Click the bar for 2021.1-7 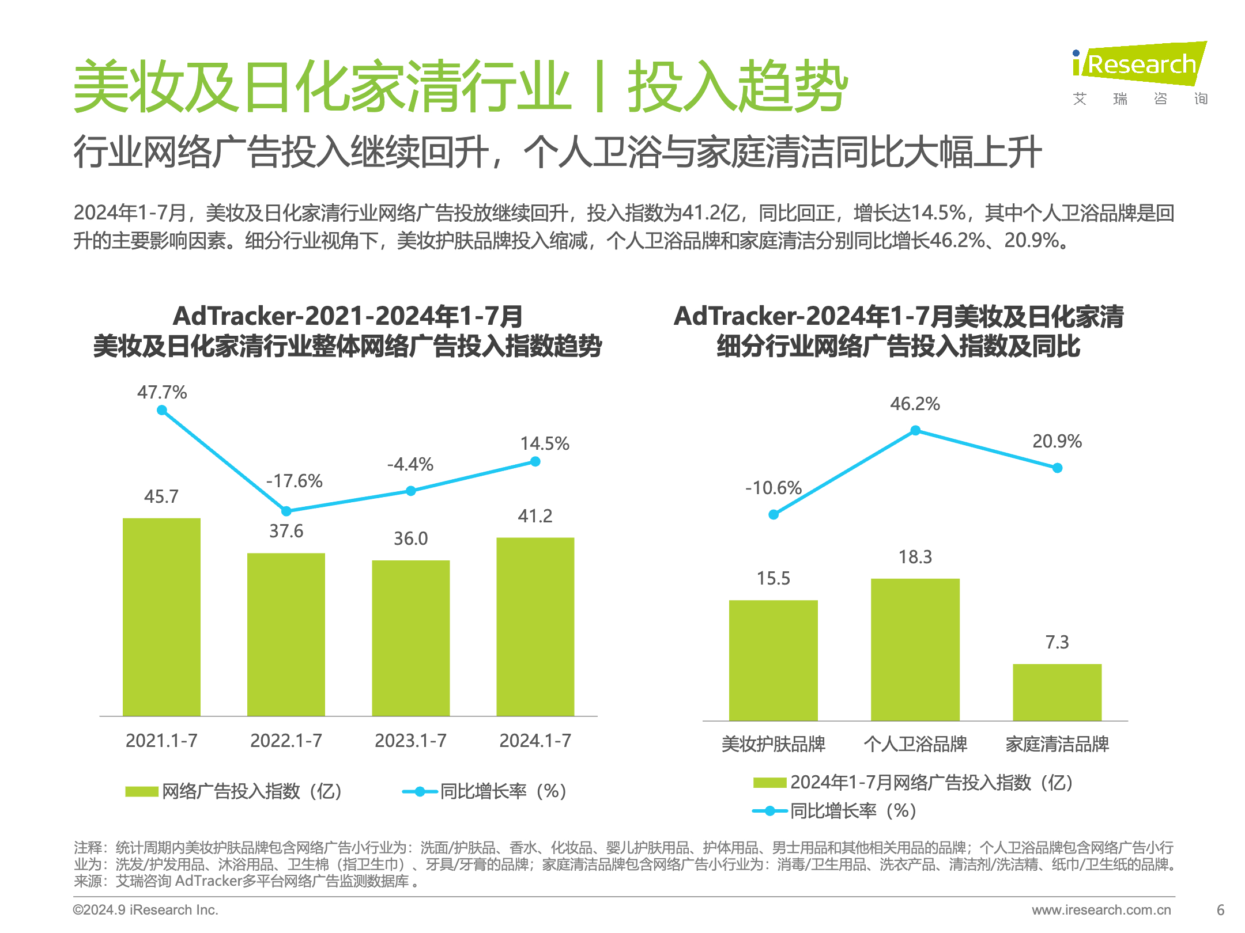161,616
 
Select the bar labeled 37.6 286,634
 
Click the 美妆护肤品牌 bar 773,660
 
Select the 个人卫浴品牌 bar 915,649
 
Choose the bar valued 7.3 1057,692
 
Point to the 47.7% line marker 162,410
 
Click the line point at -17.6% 286,511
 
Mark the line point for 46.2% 915,430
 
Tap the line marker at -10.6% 774,514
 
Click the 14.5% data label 544,443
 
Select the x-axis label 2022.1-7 286,741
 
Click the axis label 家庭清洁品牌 1057,744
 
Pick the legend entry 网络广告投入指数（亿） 234,791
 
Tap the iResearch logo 1139,72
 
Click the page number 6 1220,910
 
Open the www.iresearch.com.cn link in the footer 1101,910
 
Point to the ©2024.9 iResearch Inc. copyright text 145,910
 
